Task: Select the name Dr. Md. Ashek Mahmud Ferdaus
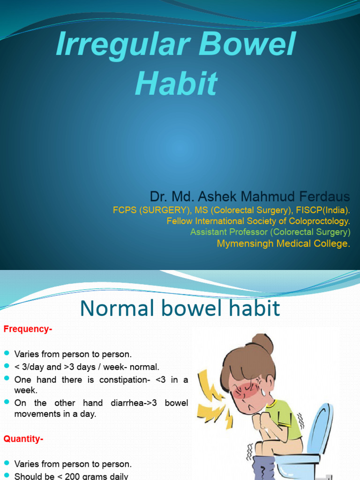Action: click(x=250, y=196)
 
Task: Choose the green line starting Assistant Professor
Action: click(x=270, y=232)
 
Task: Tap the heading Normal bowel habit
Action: click(x=180, y=308)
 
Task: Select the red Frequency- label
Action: click(x=28, y=329)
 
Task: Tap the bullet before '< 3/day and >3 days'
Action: click(x=7, y=367)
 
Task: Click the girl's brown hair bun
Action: click(x=262, y=344)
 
